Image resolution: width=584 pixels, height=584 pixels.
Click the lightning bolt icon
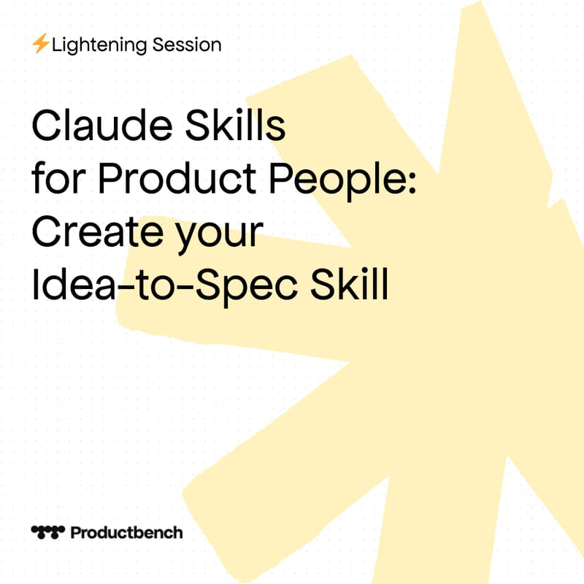point(40,45)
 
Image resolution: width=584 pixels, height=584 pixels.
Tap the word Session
point(188,45)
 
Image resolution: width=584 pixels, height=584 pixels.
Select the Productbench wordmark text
point(126,532)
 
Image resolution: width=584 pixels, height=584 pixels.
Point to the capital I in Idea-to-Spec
point(35,285)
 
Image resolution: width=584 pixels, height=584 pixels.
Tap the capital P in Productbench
point(75,532)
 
